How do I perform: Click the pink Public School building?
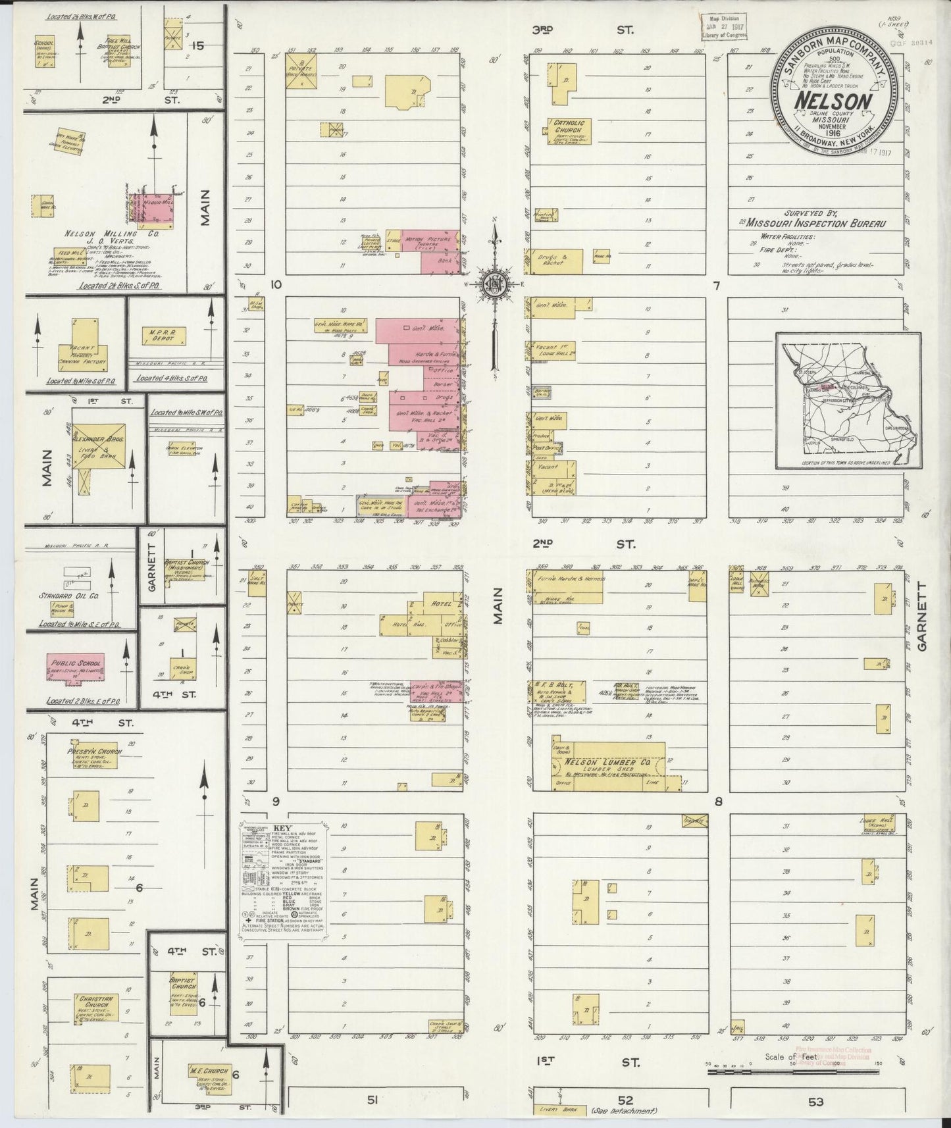pyautogui.click(x=75, y=666)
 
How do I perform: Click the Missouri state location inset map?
pyautogui.click(x=848, y=400)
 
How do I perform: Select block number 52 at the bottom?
pyautogui.click(x=625, y=1100)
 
